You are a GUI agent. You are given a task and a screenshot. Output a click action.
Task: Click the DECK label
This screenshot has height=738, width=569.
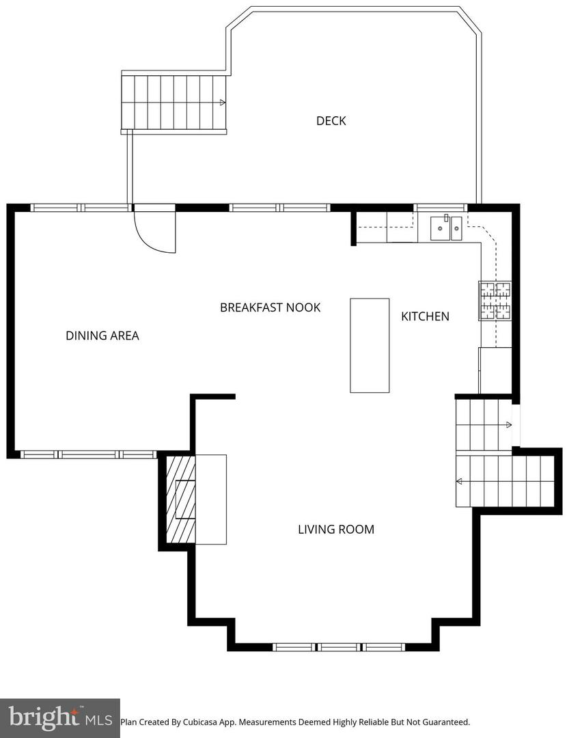[331, 121]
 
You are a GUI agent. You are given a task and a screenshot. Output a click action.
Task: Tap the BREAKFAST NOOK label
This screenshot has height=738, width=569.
[270, 307]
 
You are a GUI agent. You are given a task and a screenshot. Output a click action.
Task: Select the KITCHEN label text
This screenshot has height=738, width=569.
[425, 316]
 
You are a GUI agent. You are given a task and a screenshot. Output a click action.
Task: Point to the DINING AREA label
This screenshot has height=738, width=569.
[102, 336]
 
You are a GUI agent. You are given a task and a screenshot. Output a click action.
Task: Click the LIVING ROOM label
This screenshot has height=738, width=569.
[336, 529]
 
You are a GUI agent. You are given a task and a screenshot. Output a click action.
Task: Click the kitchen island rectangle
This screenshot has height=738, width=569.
[370, 345]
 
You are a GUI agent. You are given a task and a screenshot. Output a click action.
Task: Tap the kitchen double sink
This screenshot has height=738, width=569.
[446, 228]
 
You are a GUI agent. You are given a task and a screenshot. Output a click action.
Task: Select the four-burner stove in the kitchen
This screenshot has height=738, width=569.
[495, 301]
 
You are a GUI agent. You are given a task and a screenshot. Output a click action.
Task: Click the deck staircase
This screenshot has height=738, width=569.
[174, 102]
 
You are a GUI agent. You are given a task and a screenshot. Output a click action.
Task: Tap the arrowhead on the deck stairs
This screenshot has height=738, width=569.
[223, 103]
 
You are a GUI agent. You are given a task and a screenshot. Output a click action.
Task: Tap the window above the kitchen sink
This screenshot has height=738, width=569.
[441, 207]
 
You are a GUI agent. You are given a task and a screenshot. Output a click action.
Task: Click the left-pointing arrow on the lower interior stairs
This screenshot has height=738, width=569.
[460, 481]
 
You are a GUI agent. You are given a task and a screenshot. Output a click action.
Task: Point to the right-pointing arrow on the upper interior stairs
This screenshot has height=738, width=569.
[508, 425]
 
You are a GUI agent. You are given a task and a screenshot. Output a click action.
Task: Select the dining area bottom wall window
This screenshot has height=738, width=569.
[89, 454]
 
